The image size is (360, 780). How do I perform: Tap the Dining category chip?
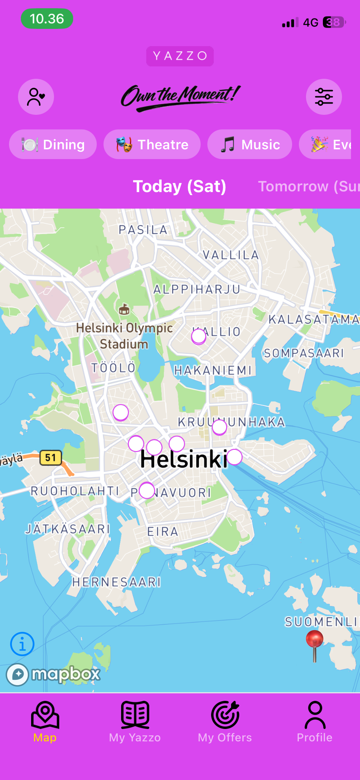click(53, 144)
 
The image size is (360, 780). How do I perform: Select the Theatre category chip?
click(152, 144)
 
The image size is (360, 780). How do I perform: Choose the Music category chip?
click(250, 144)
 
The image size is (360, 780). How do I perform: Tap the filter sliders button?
click(324, 97)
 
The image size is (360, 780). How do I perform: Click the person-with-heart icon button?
click(36, 97)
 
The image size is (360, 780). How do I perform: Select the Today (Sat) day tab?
click(180, 186)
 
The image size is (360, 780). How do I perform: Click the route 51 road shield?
click(51, 457)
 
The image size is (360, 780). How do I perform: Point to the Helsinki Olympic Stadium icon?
click(124, 310)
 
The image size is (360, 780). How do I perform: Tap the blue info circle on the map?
click(22, 644)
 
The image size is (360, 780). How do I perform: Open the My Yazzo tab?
click(135, 722)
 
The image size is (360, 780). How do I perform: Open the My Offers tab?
click(225, 722)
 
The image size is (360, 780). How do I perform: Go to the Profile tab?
click(315, 722)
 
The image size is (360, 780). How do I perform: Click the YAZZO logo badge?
click(180, 56)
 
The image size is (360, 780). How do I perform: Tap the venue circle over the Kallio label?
click(198, 337)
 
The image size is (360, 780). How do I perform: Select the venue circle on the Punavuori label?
click(147, 490)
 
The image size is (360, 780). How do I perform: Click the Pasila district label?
click(143, 230)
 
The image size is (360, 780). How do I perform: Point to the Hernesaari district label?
click(117, 582)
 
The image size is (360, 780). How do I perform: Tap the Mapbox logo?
click(54, 674)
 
